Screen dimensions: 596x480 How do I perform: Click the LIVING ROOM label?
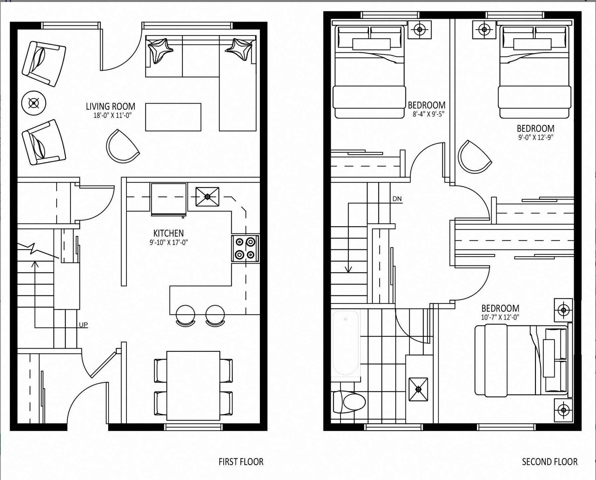pos(111,106)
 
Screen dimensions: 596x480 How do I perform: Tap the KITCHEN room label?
pos(169,233)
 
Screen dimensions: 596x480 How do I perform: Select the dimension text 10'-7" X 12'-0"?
pos(500,317)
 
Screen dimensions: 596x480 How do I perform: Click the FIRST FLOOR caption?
pos(241,462)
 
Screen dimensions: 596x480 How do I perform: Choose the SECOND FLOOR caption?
pos(550,462)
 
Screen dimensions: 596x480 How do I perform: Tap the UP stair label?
pos(83,325)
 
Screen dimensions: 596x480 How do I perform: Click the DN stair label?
pos(397,199)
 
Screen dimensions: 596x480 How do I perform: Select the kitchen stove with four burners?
pos(246,248)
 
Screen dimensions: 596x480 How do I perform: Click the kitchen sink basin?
pos(207,197)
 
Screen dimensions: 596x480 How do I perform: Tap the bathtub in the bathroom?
pos(346,343)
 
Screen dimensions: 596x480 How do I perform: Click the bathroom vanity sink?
pos(418,389)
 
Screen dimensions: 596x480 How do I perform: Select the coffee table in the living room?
pos(173,117)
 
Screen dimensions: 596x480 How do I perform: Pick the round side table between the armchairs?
pos(34,103)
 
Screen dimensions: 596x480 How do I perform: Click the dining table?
pos(193,386)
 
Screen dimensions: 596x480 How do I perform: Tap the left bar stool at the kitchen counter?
pos(186,315)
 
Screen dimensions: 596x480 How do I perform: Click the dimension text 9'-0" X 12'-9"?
pos(536,137)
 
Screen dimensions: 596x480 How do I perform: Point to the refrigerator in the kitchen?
pos(169,199)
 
